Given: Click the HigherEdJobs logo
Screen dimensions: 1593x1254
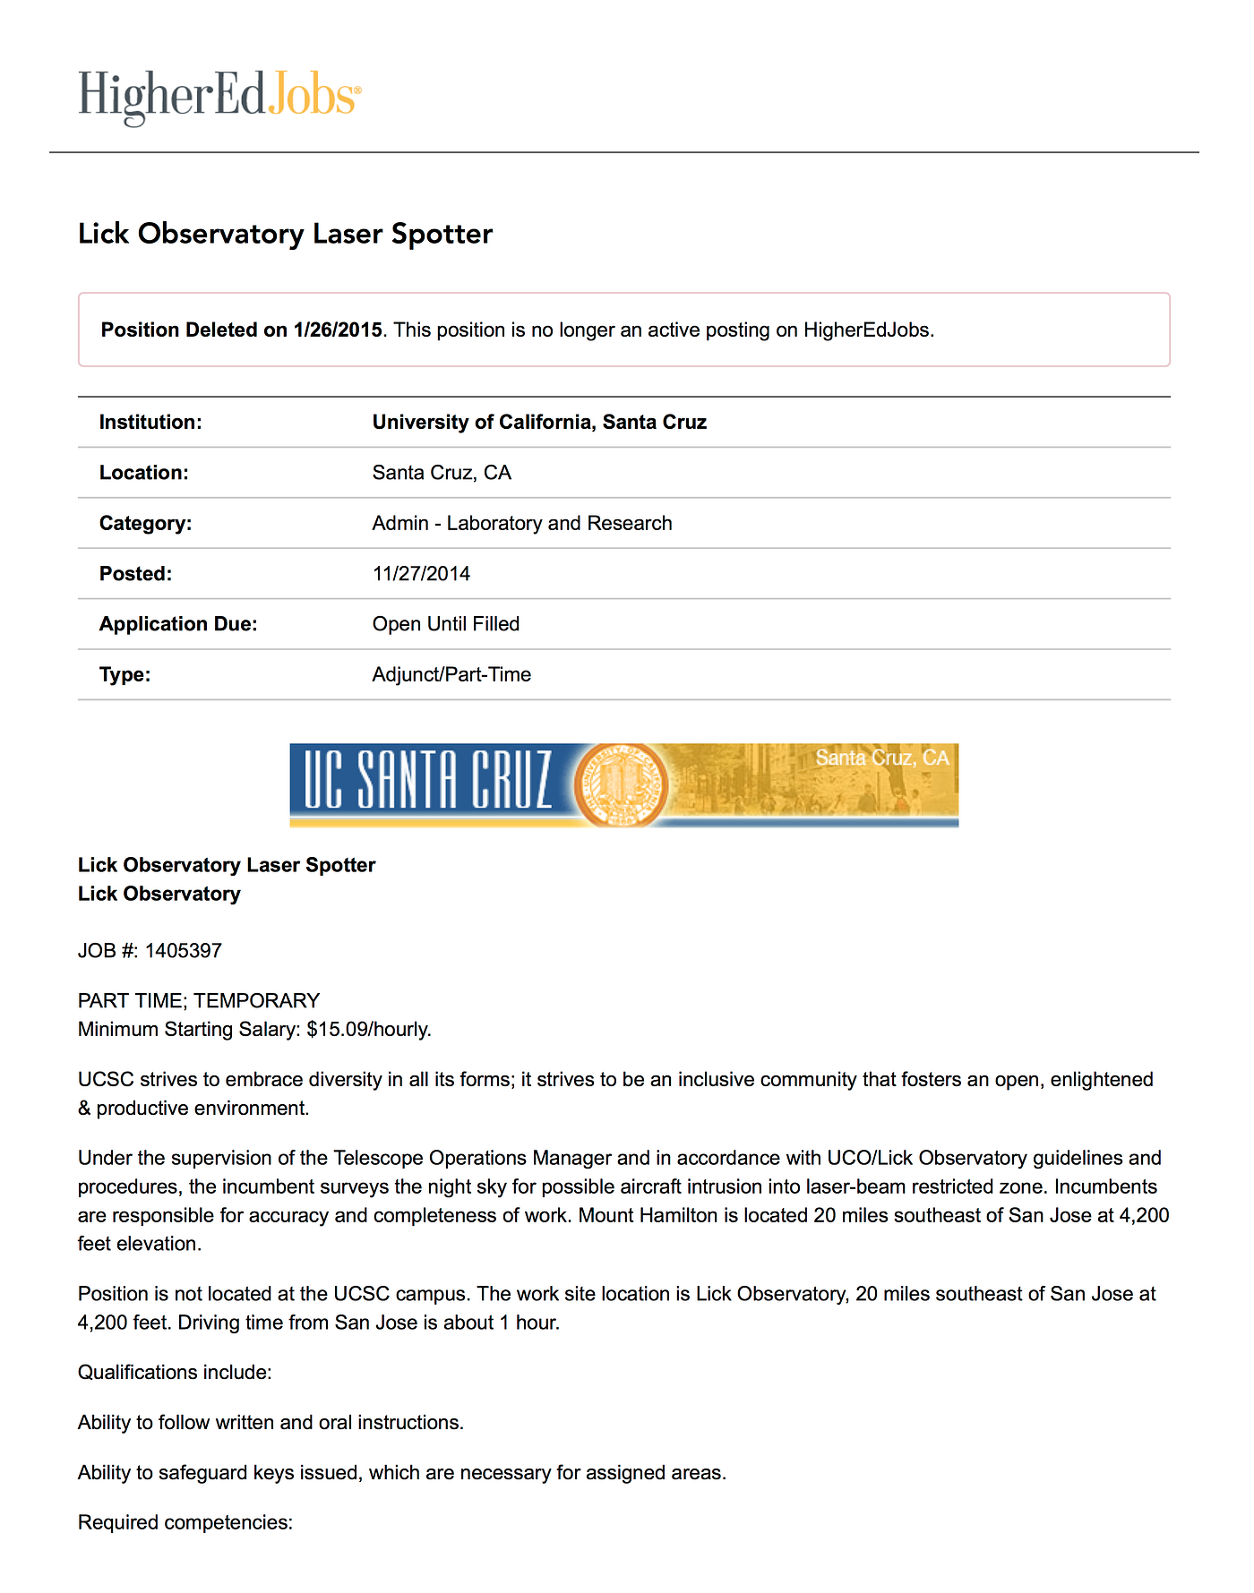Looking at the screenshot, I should [x=219, y=96].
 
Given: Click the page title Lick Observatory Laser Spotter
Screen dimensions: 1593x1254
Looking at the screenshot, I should [x=285, y=234].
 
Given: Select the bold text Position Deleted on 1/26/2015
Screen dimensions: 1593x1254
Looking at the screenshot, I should [x=242, y=330].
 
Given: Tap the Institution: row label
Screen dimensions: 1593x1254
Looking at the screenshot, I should [x=150, y=422].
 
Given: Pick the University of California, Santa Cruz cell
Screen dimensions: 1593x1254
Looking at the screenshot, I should [x=539, y=422].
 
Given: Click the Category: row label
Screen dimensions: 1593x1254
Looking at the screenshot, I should [x=145, y=523].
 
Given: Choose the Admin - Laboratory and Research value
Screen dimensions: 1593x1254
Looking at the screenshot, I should [x=522, y=523].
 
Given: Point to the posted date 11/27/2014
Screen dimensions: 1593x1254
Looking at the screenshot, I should [x=421, y=574].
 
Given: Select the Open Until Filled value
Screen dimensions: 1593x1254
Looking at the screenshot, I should [x=446, y=624].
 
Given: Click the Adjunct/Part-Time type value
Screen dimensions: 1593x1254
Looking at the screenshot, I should [x=451, y=674].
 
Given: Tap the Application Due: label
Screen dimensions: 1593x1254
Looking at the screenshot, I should [x=178, y=624].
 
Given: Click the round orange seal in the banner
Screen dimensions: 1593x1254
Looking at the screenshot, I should [x=621, y=784].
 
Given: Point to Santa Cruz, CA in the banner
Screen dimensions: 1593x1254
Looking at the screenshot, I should [x=881, y=758].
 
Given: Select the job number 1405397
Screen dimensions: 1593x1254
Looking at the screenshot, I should [x=183, y=950].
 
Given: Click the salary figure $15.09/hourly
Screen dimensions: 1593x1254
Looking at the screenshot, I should [x=368, y=1029].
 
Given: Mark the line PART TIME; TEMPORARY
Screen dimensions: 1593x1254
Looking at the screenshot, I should [x=199, y=1000].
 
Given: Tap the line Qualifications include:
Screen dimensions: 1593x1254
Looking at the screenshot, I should [x=175, y=1372].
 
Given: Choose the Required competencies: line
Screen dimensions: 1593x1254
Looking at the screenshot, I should [x=185, y=1522].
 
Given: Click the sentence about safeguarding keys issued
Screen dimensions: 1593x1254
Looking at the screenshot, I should [x=401, y=1472].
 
